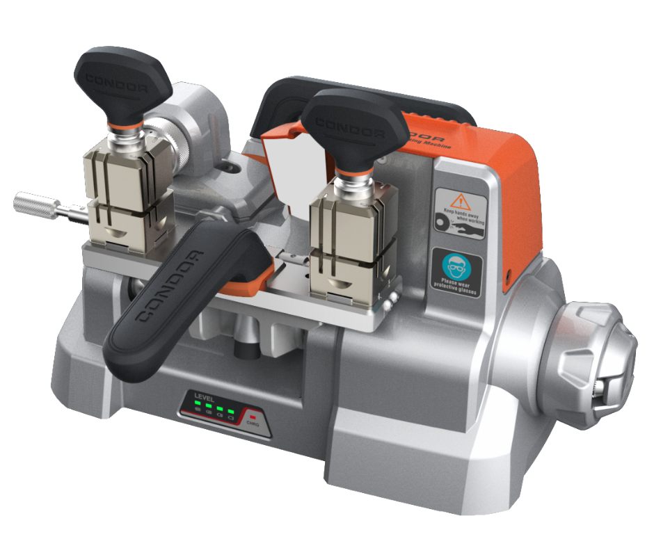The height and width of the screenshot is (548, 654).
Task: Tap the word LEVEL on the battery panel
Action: tap(205, 398)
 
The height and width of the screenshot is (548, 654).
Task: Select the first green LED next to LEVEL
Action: tap(197, 408)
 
